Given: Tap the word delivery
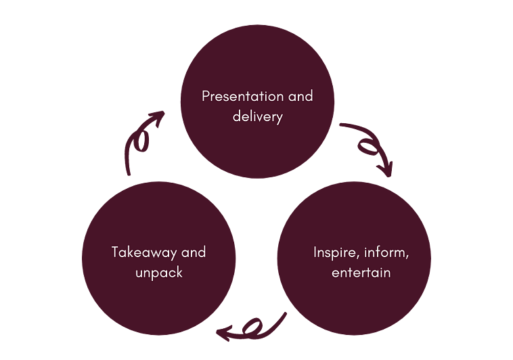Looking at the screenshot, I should pyautogui.click(x=257, y=116).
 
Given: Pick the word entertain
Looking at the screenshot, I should pyautogui.click(x=361, y=273).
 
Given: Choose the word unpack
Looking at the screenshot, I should pyautogui.click(x=158, y=273).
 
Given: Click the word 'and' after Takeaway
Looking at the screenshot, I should pyautogui.click(x=194, y=253).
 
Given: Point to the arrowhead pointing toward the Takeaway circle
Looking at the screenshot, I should pyautogui.click(x=223, y=331).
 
